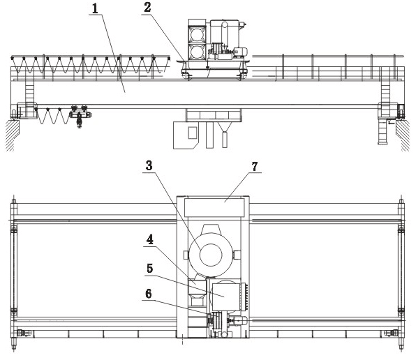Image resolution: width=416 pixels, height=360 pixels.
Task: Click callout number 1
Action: click(x=95, y=9)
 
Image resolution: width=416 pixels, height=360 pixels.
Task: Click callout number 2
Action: click(x=147, y=8)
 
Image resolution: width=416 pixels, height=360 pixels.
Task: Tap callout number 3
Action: click(x=149, y=165)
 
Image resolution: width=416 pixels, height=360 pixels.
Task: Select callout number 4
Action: click(x=150, y=240)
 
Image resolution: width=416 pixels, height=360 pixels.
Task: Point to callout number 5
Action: click(x=150, y=269)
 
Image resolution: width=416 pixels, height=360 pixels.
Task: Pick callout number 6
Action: click(x=149, y=294)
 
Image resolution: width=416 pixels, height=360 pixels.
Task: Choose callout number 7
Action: click(x=255, y=167)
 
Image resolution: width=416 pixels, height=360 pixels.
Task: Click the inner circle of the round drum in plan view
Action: click(x=211, y=255)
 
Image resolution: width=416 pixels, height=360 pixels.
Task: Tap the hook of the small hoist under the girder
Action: click(x=79, y=123)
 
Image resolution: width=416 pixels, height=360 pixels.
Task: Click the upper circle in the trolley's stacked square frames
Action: click(x=197, y=34)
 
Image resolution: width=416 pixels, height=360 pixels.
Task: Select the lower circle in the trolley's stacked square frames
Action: click(x=197, y=52)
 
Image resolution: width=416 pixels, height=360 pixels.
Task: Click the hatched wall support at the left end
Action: click(x=12, y=135)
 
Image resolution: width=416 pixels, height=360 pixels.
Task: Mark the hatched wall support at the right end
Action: click(x=403, y=135)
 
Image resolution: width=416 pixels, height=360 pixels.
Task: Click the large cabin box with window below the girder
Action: click(x=186, y=135)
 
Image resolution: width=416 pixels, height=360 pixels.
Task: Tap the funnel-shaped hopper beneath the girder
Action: click(x=225, y=127)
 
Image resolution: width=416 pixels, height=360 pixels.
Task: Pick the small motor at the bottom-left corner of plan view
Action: click(x=24, y=333)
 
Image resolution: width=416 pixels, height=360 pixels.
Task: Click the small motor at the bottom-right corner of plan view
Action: click(x=392, y=333)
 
